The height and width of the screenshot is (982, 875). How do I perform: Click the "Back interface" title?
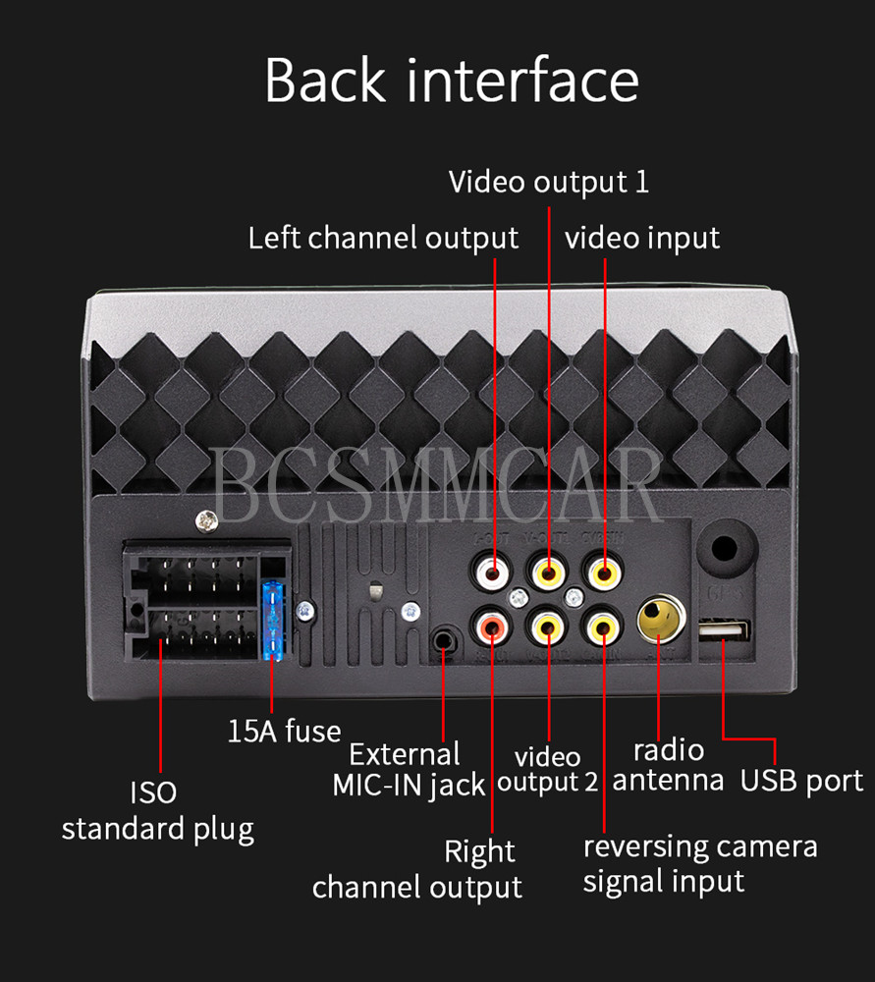coord(452,81)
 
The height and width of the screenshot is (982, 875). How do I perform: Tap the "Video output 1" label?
coord(548,182)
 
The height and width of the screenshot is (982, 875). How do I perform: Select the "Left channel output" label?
coord(383,238)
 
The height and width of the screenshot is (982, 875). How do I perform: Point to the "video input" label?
coord(642,238)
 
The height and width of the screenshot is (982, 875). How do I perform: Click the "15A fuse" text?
coord(284,731)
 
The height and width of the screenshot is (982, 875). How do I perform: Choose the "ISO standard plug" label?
coord(157,810)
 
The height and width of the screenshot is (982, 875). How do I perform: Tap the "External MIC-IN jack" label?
coord(409,769)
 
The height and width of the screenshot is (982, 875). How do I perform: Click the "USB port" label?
coord(801,781)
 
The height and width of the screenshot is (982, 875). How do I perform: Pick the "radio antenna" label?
coord(668,765)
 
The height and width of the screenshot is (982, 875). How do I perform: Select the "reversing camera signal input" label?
coord(699,863)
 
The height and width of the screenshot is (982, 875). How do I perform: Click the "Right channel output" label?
coord(417,869)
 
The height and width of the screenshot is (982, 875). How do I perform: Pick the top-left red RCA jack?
coord(491,570)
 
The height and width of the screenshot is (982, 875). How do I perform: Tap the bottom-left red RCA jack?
coord(491,625)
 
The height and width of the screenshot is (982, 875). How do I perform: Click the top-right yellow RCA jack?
coord(603,570)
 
